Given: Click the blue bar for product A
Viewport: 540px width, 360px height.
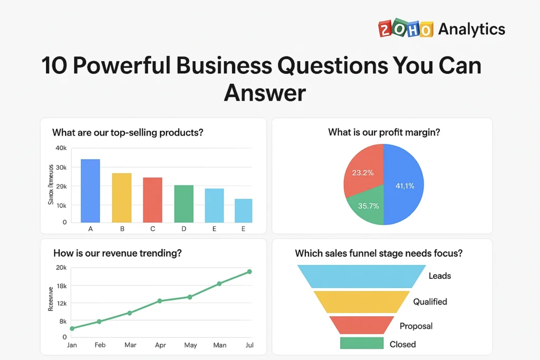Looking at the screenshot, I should (90, 190).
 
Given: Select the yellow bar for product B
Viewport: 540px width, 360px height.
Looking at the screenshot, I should (121, 197).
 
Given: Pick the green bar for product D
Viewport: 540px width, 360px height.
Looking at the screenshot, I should (184, 203).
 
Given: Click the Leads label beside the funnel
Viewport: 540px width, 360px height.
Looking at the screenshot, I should (440, 276).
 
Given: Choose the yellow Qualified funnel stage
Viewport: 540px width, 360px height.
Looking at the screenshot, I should (362, 301).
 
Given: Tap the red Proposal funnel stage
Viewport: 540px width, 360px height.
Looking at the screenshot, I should (362, 325).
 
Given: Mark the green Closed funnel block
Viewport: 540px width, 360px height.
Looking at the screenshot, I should (362, 344).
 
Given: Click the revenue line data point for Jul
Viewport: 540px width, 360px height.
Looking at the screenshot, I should (249, 271).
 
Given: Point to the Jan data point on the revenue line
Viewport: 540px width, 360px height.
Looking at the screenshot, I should (72, 328).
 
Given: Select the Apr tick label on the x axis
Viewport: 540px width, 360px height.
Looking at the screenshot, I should (160, 345).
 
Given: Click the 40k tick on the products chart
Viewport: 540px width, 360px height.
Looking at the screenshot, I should (61, 148).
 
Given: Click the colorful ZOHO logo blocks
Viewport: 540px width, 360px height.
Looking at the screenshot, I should (406, 29).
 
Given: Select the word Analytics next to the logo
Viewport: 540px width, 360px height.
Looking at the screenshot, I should (471, 29).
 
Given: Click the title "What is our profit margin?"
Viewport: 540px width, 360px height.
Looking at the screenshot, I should (384, 132).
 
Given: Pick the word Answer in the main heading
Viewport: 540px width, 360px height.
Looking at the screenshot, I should (265, 93).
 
